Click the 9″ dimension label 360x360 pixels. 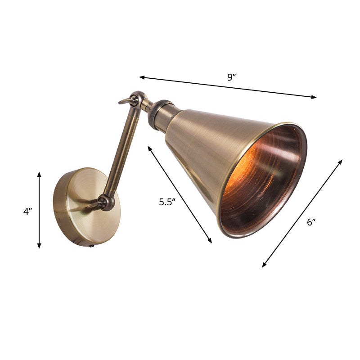coord(232,77)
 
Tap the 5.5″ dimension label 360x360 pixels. coord(166,202)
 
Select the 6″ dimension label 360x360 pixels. coord(311,222)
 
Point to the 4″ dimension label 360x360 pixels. coord(28,211)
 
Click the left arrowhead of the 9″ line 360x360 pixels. coord(141,77)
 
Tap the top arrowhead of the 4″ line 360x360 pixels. coord(39,173)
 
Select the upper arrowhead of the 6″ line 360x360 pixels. coord(341,161)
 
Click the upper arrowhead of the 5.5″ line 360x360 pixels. coord(149,147)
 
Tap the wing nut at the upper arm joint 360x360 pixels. coord(126,101)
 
